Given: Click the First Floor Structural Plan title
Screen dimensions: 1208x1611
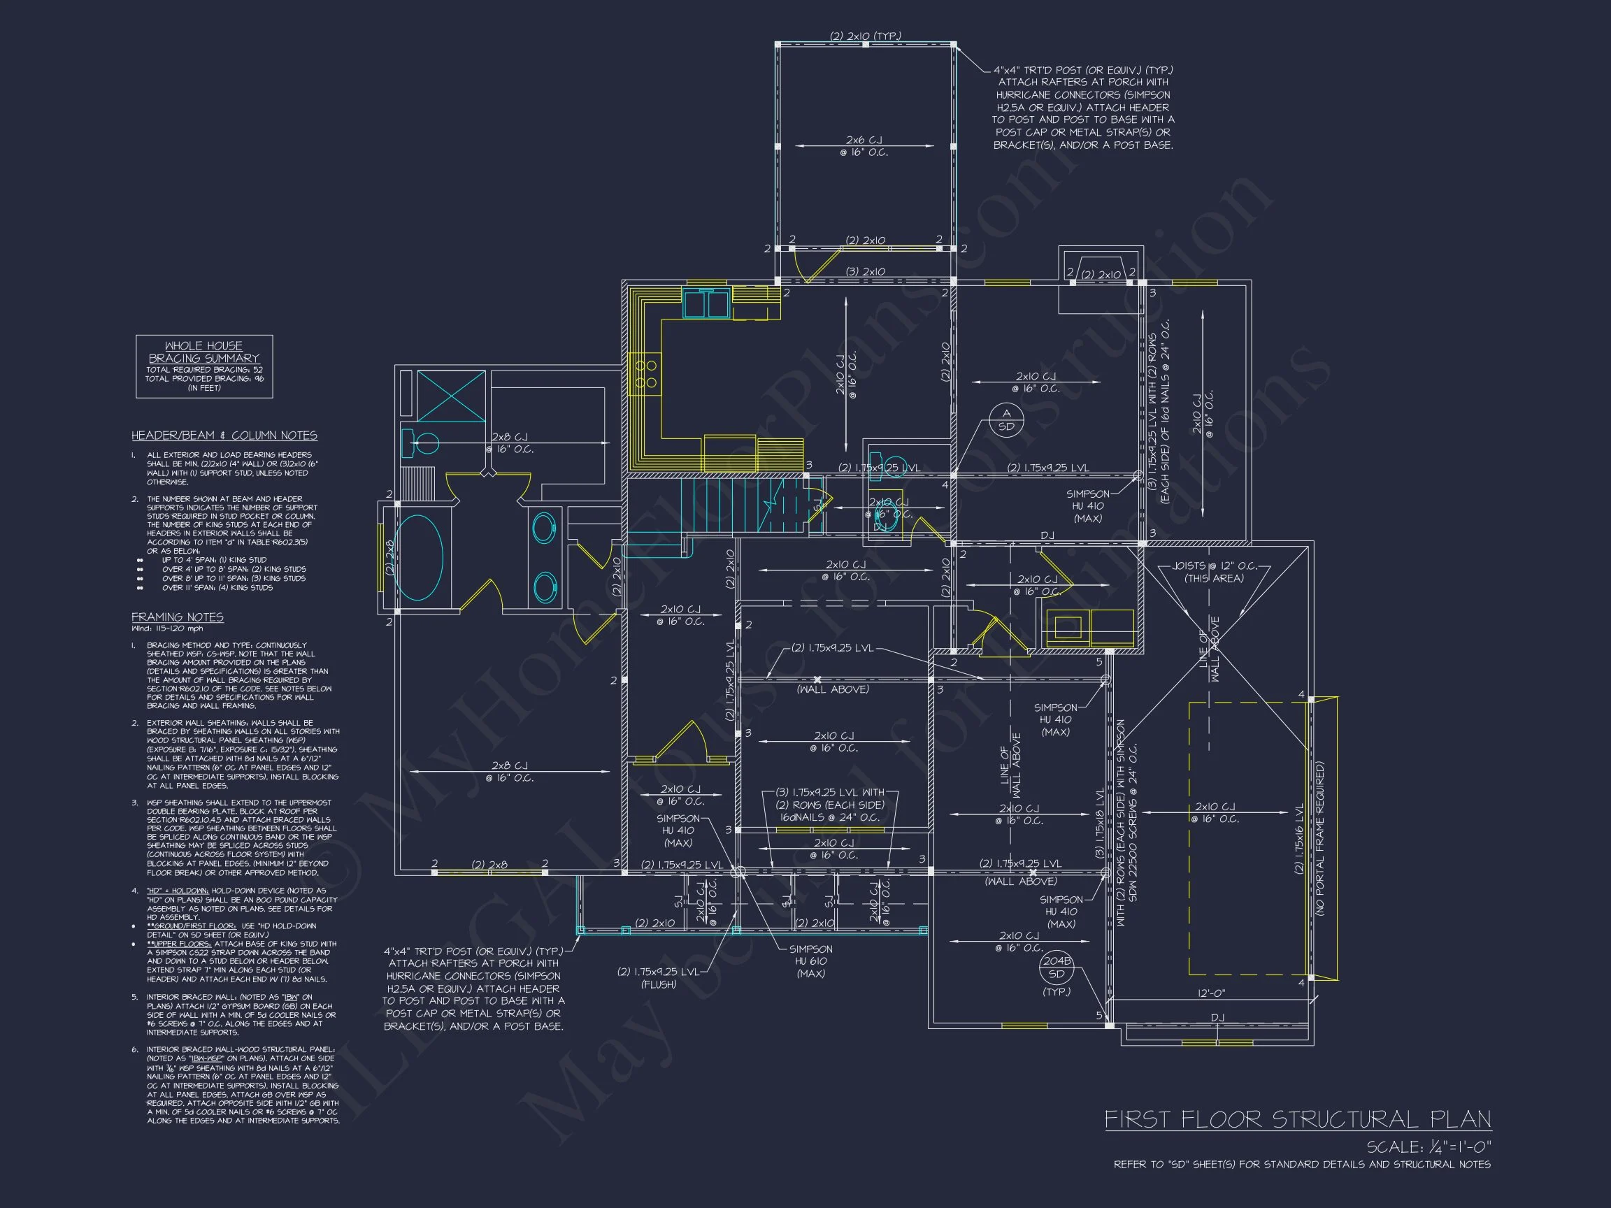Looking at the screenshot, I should (x=1297, y=1119).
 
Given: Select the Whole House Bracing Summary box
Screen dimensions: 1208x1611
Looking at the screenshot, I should (x=204, y=366).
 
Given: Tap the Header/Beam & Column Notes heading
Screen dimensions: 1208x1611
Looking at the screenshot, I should (x=224, y=436).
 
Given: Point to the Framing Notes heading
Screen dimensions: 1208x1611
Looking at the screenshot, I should (x=177, y=617).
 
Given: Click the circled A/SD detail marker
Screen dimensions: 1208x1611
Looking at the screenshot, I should (x=1005, y=420).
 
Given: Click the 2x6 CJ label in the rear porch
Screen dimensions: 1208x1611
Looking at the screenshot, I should (x=864, y=140).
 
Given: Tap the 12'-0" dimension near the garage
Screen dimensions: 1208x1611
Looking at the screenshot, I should (x=1211, y=993).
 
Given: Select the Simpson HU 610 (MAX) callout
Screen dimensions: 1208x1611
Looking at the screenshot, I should (x=810, y=961).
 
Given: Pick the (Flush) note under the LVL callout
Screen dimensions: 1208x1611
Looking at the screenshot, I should (x=658, y=984).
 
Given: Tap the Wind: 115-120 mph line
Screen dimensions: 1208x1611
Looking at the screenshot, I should (x=168, y=628).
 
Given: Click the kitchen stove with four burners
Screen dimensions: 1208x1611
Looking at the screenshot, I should (x=645, y=374).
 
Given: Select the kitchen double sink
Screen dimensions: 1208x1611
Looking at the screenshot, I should (x=706, y=303).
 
